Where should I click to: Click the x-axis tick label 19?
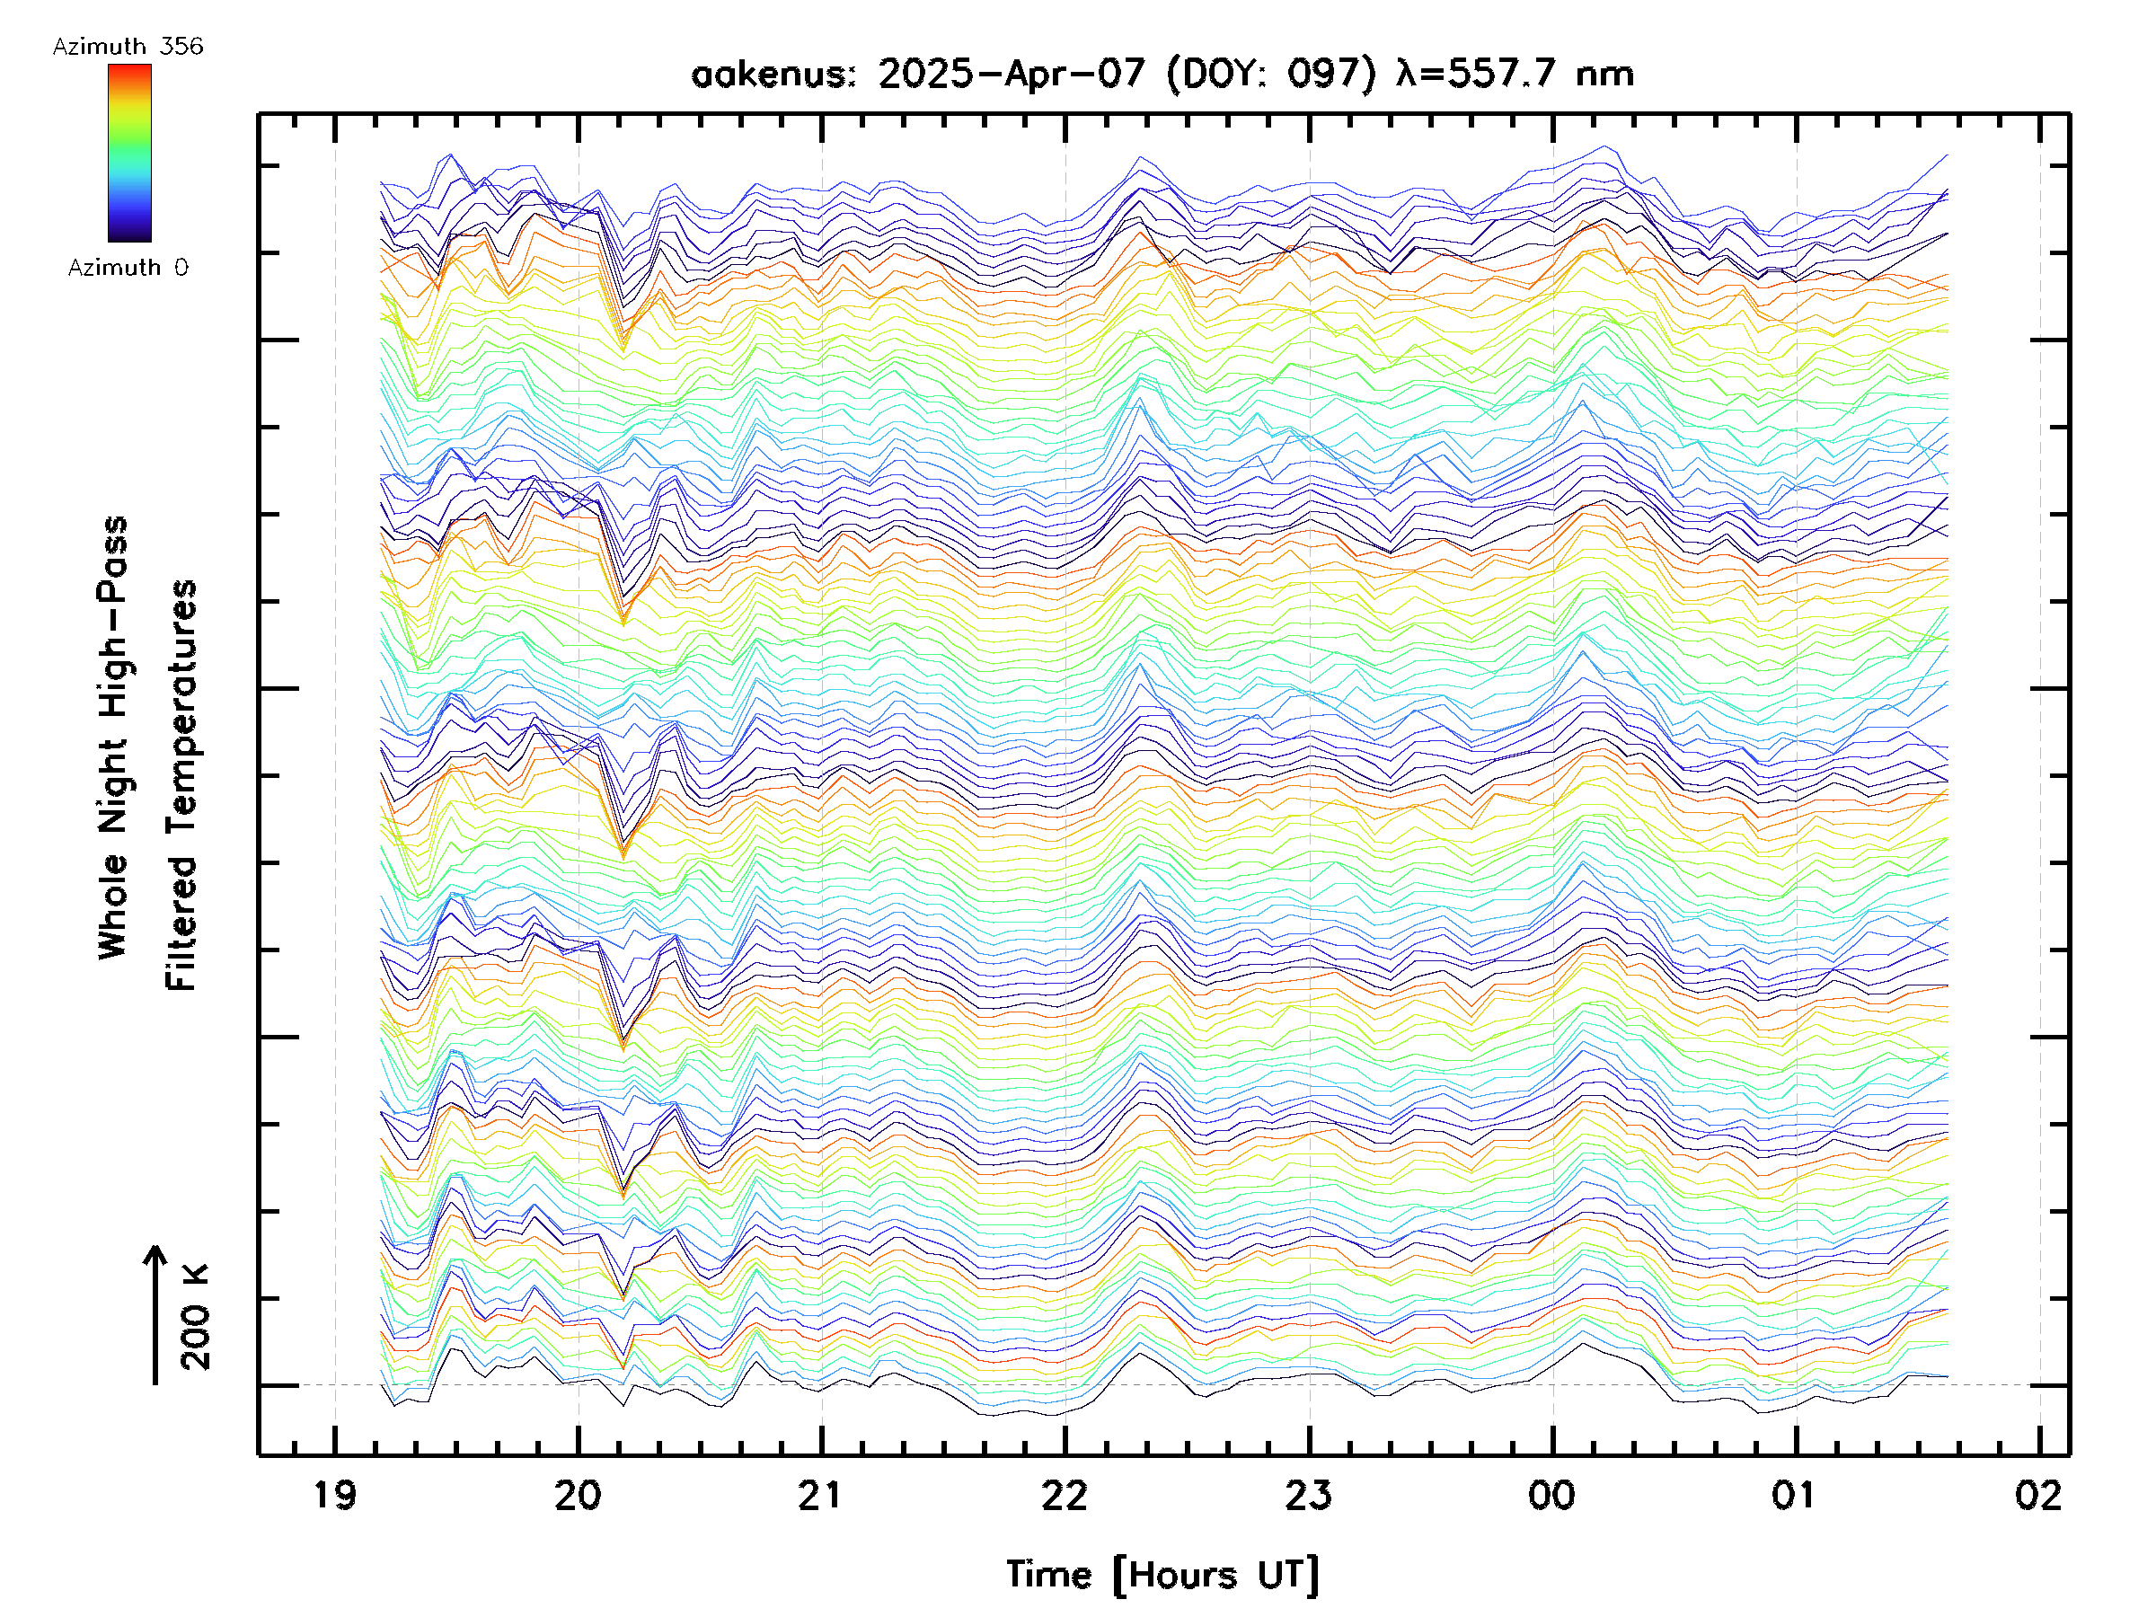tap(334, 1495)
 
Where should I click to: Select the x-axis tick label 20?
tap(578, 1495)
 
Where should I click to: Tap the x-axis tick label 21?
tap(821, 1495)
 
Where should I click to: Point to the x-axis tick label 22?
tap(1065, 1495)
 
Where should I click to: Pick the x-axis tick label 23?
tap(1308, 1495)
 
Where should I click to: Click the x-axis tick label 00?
tap(1551, 1495)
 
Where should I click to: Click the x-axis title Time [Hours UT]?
tap(1162, 1575)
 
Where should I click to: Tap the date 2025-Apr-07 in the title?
tap(1012, 74)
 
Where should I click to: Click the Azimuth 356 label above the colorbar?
tap(128, 47)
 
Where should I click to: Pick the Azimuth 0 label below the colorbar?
tap(128, 268)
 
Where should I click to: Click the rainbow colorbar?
tap(129, 153)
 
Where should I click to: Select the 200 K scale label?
tap(195, 1316)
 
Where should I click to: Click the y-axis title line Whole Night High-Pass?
tap(113, 738)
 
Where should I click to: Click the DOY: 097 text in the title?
tap(1271, 74)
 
